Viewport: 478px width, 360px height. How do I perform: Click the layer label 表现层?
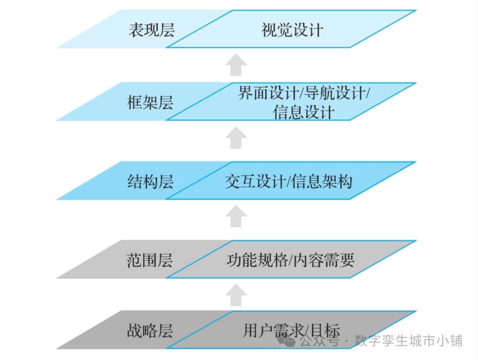pyautogui.click(x=151, y=30)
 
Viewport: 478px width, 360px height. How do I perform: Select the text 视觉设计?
pyautogui.click(x=292, y=30)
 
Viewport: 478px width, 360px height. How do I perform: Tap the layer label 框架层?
pyautogui.click(x=150, y=103)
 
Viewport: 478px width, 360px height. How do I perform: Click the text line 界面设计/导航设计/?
pyautogui.click(x=304, y=93)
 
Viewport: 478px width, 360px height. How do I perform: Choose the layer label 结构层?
pyautogui.click(x=150, y=181)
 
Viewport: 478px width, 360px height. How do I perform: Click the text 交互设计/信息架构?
pyautogui.click(x=289, y=181)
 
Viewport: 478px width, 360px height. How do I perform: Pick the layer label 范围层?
pyautogui.click(x=150, y=260)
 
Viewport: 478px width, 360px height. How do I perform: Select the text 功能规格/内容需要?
pyautogui.click(x=290, y=260)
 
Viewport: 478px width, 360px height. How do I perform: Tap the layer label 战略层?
pyautogui.click(x=150, y=331)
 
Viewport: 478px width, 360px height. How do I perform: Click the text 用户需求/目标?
pyautogui.click(x=291, y=331)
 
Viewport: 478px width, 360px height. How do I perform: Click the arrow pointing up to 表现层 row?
pyautogui.click(x=236, y=65)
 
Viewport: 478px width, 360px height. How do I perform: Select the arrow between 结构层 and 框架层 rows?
pyautogui.click(x=236, y=138)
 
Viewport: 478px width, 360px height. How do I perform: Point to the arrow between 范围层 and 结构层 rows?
pyautogui.click(x=236, y=217)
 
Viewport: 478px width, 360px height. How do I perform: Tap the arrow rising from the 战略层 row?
pyautogui.click(x=236, y=295)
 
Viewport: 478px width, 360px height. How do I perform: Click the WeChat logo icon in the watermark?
pyautogui.click(x=290, y=341)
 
